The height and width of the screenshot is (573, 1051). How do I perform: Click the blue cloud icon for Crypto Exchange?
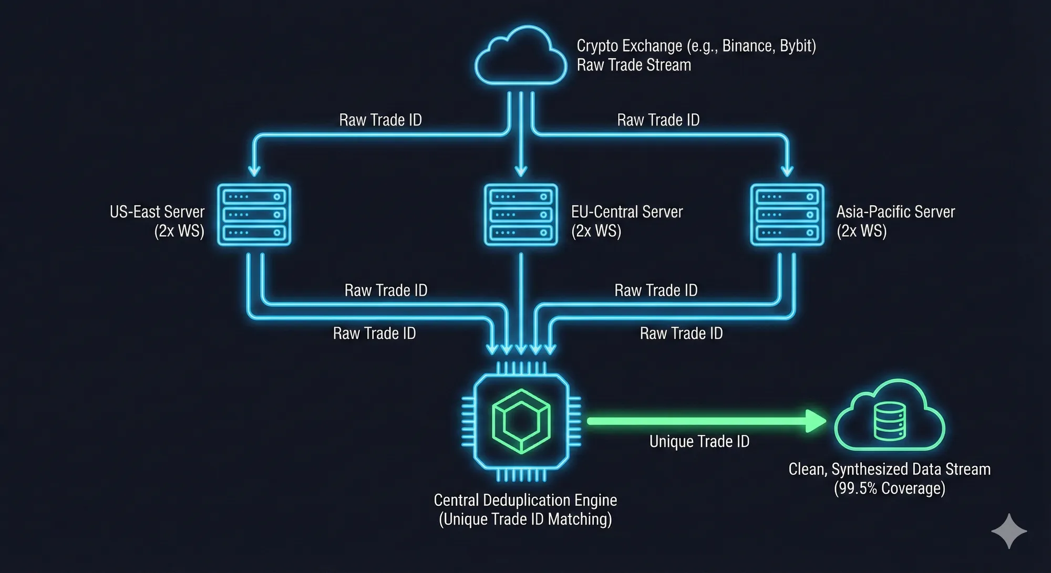[520, 57]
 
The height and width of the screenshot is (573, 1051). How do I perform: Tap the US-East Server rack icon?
[254, 214]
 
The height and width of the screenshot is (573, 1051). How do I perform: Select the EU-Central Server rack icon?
[520, 214]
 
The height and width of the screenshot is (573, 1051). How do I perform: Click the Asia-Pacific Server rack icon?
[787, 214]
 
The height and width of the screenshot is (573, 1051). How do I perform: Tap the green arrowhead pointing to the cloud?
[816, 421]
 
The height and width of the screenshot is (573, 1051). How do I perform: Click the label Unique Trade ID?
[699, 442]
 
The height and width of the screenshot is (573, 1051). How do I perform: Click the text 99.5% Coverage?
[889, 488]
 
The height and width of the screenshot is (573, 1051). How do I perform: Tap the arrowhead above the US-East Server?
[254, 171]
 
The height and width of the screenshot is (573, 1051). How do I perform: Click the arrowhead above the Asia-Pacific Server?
[787, 171]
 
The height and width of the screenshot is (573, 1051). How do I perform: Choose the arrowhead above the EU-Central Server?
[521, 171]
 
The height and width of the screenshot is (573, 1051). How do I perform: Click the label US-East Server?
[157, 212]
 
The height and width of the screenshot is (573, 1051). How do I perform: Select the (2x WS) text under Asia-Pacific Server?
[861, 231]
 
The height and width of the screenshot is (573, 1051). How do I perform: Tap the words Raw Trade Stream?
[634, 65]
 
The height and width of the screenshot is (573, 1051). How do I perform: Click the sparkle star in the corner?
[1008, 531]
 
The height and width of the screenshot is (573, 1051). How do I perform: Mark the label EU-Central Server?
[626, 212]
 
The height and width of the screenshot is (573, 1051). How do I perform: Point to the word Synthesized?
[869, 469]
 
